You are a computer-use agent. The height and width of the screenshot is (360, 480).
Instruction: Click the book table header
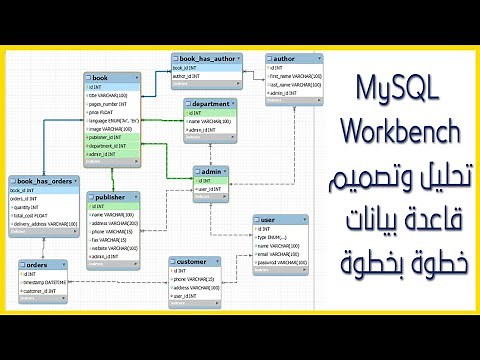pyautogui.click(x=113, y=77)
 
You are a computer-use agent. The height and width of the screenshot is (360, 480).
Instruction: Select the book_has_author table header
pyautogui.click(x=207, y=59)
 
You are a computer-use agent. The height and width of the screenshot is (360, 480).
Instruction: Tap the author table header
pyautogui.click(x=290, y=59)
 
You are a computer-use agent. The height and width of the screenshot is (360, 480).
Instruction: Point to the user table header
pyautogui.click(x=281, y=218)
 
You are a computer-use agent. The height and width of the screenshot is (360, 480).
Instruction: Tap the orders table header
pyautogui.click(x=46, y=266)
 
